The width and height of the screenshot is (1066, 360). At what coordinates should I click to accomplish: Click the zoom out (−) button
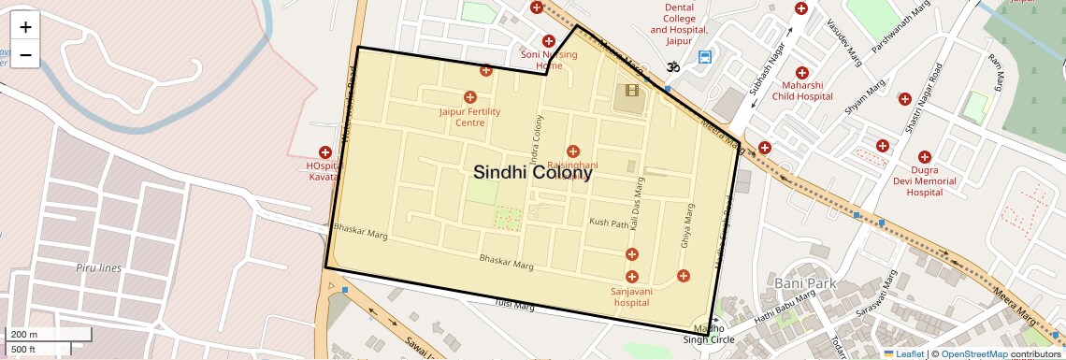pos(25,55)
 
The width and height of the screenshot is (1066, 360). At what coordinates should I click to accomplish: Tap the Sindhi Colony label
pos(532,173)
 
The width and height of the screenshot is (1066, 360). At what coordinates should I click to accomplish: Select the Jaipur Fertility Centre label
pos(470,117)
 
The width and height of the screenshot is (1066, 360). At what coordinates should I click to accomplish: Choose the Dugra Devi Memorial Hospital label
pos(924,180)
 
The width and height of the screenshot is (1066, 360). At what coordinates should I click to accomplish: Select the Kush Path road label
pos(609,223)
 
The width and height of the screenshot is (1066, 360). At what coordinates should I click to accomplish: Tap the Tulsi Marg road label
pos(514,304)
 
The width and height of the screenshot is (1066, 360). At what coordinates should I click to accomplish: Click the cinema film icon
pos(634,91)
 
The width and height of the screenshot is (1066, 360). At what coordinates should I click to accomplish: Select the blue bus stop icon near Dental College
pos(704,57)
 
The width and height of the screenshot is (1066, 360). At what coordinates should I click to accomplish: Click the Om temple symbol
pos(671,66)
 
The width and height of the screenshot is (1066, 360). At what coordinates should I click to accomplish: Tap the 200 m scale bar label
pos(23,335)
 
